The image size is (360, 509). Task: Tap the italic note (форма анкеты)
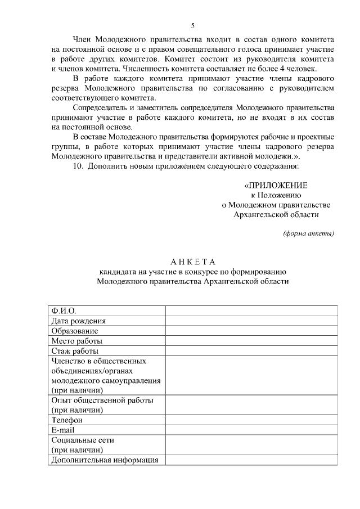coord(308,233)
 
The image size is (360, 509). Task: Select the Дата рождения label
coord(78,321)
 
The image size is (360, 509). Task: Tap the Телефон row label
coord(67,420)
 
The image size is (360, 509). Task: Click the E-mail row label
coord(62,430)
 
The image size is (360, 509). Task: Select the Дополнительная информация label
coord(104,460)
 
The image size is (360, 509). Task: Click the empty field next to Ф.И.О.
coord(251,310)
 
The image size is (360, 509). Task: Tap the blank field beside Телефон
coord(251,420)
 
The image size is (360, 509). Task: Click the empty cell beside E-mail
coord(251,430)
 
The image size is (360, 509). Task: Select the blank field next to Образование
coord(251,331)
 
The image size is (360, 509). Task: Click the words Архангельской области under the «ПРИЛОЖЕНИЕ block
coord(276,214)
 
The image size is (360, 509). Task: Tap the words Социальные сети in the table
coord(82,440)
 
